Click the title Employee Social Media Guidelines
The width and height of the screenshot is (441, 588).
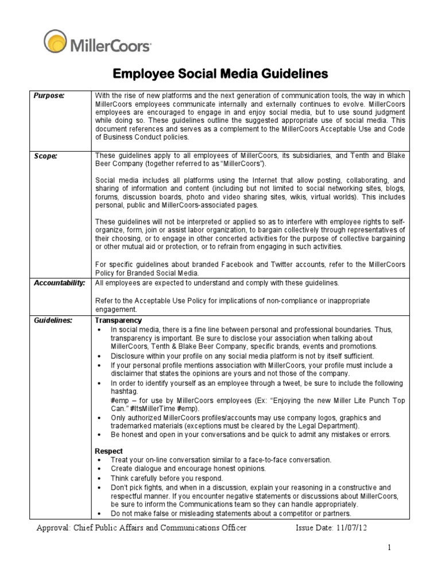tap(220, 74)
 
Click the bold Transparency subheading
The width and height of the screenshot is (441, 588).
tap(118, 320)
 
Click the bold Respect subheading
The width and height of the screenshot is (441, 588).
tap(109, 451)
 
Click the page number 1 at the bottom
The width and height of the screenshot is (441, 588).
tap(388, 548)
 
